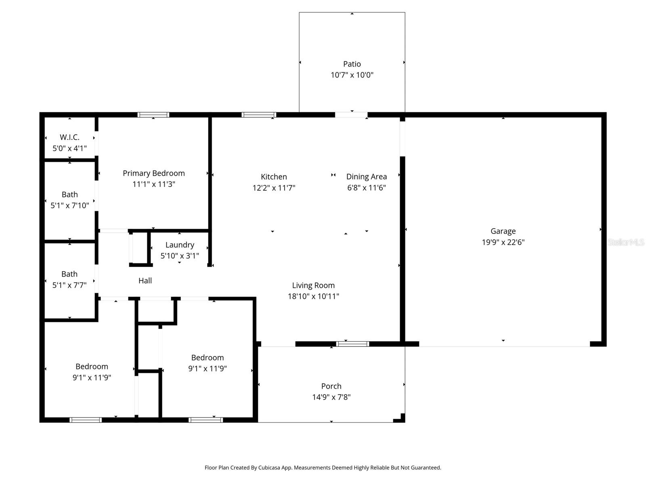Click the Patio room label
(352, 64)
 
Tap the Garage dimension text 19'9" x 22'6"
(503, 242)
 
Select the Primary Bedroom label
(153, 173)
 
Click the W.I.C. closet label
(69, 137)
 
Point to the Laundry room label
(180, 245)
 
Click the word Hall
(145, 281)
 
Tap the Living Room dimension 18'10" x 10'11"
(313, 296)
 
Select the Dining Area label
(366, 177)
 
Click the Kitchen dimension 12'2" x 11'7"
(274, 188)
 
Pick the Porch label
(331, 386)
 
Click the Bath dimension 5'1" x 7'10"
(69, 206)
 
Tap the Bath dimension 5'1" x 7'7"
(69, 285)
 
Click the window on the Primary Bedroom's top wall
(153, 115)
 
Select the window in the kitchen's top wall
(259, 115)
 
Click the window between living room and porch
(352, 344)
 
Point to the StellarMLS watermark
(626, 242)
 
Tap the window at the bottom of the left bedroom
(86, 420)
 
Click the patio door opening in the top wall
(351, 115)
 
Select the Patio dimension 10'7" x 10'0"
(352, 75)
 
